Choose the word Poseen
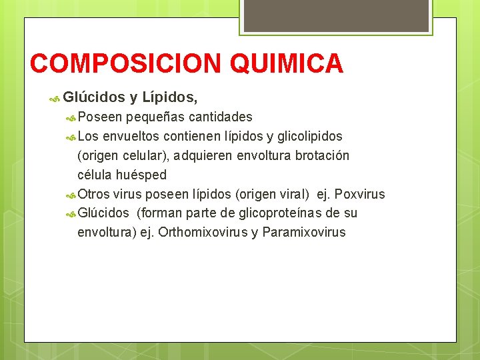point(99,117)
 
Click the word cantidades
point(220,117)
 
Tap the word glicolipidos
point(309,137)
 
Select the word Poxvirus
point(359,195)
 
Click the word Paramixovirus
point(304,233)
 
